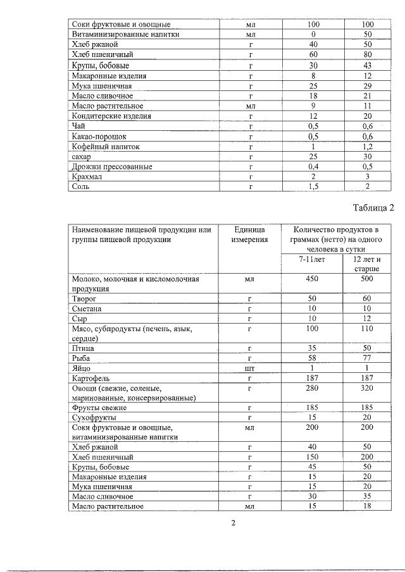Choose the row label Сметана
pyautogui.click(x=87, y=308)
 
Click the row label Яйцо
pyautogui.click(x=82, y=368)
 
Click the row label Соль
pyautogui.click(x=81, y=187)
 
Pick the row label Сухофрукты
pyautogui.click(x=93, y=418)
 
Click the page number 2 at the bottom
pyautogui.click(x=232, y=523)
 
